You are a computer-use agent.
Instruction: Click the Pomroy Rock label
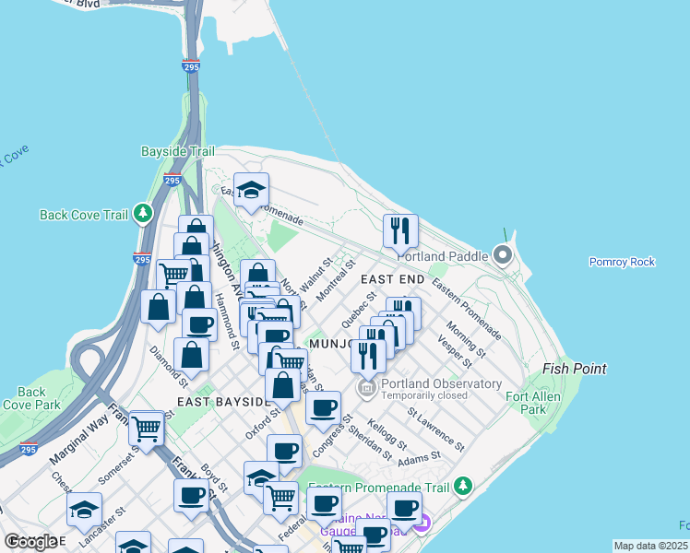[x=622, y=262]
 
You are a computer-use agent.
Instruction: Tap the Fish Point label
[x=575, y=369]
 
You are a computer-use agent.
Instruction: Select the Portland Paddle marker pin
[x=503, y=253]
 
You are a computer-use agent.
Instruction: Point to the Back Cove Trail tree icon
[x=142, y=214]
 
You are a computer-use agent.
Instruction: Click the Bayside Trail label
[x=177, y=151]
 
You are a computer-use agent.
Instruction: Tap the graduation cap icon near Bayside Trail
[x=251, y=189]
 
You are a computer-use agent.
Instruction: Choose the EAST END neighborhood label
[x=392, y=278]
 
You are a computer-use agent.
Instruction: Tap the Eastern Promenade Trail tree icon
[x=463, y=485]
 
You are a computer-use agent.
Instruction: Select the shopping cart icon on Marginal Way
[x=147, y=428]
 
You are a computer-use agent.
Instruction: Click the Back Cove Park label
[x=31, y=398]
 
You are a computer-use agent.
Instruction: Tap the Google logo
[x=30, y=541]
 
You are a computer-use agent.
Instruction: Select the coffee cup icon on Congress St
[x=323, y=408]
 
